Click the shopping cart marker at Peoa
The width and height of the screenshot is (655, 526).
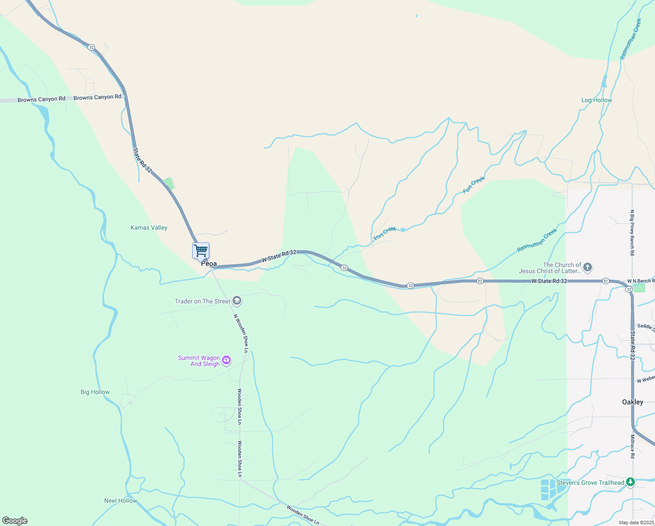click(201, 251)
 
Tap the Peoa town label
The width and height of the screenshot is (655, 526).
click(209, 264)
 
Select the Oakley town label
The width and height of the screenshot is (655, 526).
click(633, 402)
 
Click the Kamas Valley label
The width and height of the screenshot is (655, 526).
click(149, 227)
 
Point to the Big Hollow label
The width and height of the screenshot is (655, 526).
click(95, 392)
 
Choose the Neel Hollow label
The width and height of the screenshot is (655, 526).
click(120, 501)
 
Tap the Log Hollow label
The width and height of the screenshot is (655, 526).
click(596, 100)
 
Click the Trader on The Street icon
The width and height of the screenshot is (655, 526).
click(237, 301)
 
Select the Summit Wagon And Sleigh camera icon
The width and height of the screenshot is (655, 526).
click(226, 360)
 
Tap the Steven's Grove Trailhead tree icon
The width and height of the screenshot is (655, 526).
click(630, 483)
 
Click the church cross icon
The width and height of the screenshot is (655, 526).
click(588, 267)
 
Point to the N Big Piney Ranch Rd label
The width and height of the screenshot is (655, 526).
click(632, 232)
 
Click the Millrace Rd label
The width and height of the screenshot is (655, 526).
click(632, 446)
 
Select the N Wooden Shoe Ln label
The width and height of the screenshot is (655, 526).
click(241, 333)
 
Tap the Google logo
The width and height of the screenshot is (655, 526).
click(14, 521)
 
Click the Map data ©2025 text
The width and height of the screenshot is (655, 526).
click(636, 522)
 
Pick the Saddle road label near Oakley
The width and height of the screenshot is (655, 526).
click(645, 327)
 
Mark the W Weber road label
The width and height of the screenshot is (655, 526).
click(645, 379)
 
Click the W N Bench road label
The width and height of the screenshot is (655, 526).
click(641, 281)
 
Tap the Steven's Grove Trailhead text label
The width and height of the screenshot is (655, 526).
click(590, 483)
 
